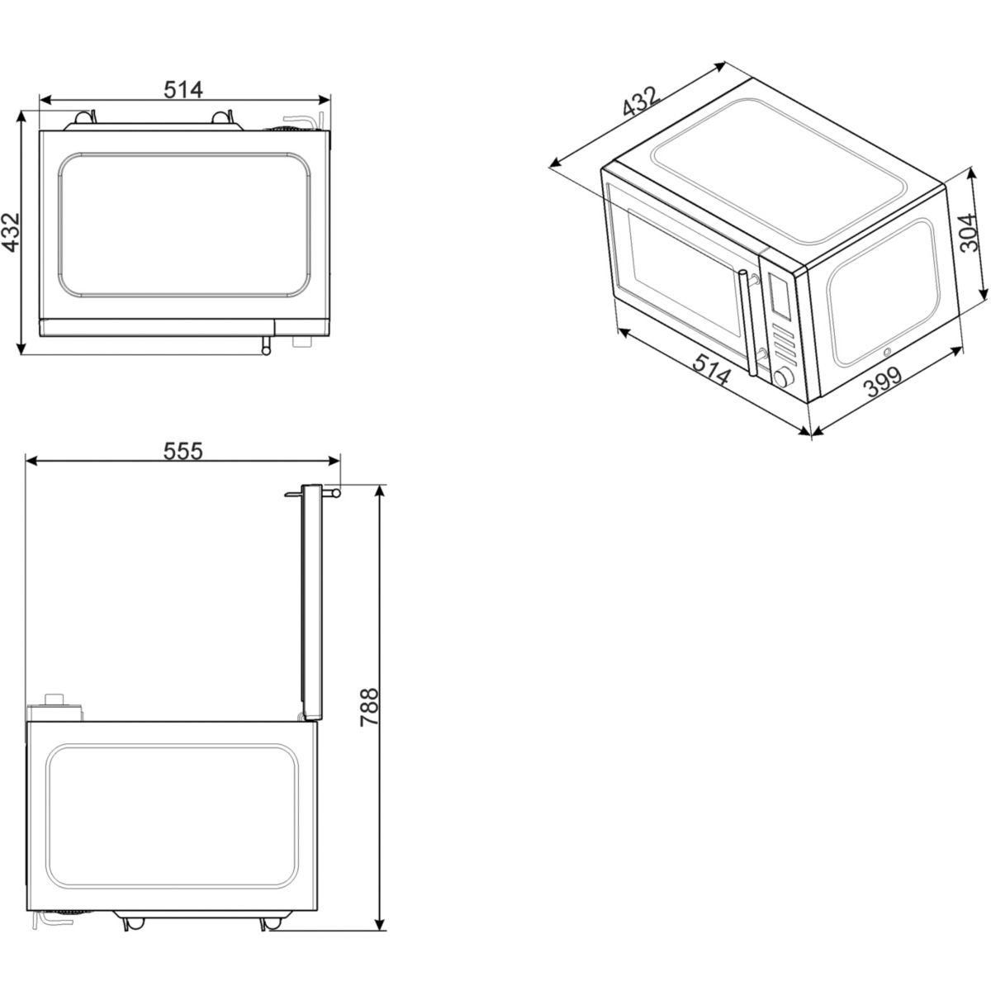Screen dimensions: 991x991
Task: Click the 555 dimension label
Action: [x=183, y=451]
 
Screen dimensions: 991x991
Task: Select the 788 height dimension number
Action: [x=369, y=707]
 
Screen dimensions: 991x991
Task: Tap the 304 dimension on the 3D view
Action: [x=970, y=232]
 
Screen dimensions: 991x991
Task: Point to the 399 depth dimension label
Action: [x=883, y=382]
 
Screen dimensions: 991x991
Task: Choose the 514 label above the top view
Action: [x=183, y=90]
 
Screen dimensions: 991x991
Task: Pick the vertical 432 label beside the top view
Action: [x=11, y=232]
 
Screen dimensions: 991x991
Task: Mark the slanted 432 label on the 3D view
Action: [x=641, y=102]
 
